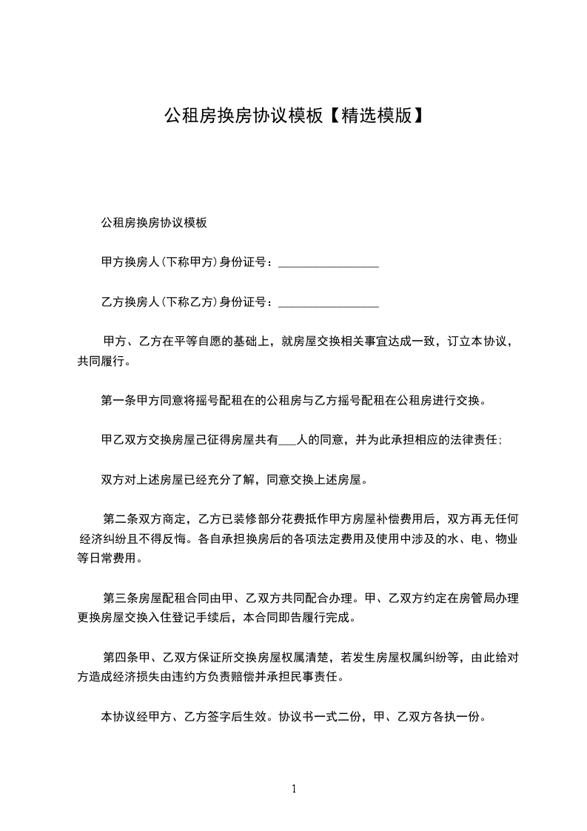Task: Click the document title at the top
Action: pyautogui.click(x=293, y=116)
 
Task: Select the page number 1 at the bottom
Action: pyautogui.click(x=294, y=789)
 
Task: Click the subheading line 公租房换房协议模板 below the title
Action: pyautogui.click(x=154, y=222)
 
